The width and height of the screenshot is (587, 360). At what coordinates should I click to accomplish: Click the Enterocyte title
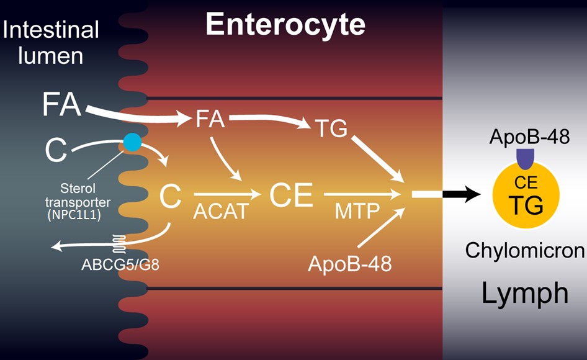[285, 25]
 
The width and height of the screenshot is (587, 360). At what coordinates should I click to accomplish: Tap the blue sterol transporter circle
[133, 142]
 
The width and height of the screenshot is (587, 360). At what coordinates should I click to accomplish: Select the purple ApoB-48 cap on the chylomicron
[525, 158]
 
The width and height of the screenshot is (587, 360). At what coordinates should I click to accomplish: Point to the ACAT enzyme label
[221, 211]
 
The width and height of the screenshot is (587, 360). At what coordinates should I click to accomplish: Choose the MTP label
[357, 211]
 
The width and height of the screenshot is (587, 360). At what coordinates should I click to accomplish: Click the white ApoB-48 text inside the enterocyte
[349, 263]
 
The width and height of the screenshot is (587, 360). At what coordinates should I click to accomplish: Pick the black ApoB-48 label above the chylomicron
[529, 137]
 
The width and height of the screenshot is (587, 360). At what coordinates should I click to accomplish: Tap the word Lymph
[524, 294]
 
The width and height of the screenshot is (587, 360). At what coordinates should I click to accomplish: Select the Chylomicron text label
[524, 250]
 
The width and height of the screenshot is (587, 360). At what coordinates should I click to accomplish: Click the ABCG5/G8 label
[120, 264]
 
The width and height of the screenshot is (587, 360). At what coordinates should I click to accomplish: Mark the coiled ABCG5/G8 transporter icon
[119, 244]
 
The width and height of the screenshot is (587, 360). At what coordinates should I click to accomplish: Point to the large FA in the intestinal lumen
[62, 104]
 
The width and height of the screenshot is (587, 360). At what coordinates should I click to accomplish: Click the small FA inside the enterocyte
[210, 119]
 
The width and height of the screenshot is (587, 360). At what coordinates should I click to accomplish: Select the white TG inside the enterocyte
[331, 128]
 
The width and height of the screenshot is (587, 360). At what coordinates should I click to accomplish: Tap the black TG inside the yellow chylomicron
[526, 205]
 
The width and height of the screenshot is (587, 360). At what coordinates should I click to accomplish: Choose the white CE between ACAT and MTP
[291, 195]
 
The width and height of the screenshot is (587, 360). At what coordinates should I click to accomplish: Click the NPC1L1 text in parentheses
[74, 215]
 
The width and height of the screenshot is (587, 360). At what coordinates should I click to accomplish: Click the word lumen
[50, 56]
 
